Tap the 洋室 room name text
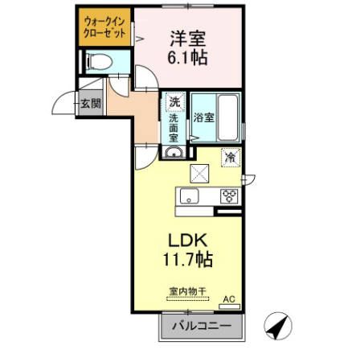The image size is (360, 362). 187,37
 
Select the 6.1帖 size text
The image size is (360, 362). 187,60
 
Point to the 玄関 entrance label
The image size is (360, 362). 90,104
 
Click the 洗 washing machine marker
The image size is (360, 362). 174,103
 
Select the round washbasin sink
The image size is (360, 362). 174,151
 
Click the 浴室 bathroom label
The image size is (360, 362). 204,117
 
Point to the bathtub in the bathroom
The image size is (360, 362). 228,117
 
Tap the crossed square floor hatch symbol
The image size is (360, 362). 199,172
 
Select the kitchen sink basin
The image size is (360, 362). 189,196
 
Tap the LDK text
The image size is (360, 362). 189,241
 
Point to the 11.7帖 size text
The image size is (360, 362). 189,261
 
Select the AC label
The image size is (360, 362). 228,298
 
